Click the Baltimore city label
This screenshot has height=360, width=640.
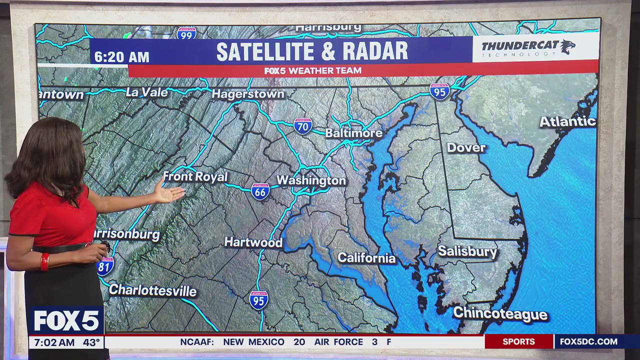(353, 133)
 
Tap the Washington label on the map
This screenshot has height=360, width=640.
(311, 180)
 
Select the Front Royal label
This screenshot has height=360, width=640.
(195, 176)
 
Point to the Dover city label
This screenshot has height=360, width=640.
(466, 147)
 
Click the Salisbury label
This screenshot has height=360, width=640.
(467, 251)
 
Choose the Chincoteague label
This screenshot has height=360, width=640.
(500, 314)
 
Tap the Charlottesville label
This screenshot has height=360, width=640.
(152, 290)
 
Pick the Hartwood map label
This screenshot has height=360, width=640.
(253, 242)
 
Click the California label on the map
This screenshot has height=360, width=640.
(366, 258)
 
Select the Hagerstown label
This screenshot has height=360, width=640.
(247, 94)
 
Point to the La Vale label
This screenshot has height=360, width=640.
(146, 92)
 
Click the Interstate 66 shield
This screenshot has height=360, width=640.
(260, 191)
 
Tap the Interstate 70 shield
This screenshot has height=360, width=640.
(302, 126)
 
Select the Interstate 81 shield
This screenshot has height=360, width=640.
(105, 266)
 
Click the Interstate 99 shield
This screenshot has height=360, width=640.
(186, 33)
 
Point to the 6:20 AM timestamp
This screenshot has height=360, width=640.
(121, 57)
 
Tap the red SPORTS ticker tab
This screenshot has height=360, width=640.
(518, 342)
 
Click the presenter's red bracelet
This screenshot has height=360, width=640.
(45, 261)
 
